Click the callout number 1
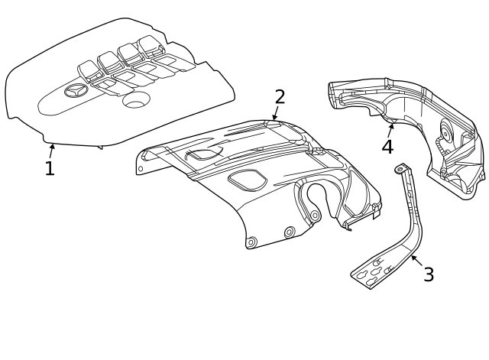click(50, 169)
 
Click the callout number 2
click(280, 97)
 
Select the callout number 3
click(429, 274)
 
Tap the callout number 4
click(387, 146)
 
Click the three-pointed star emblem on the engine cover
click(76, 92)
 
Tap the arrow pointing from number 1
click(52, 148)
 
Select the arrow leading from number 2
click(275, 114)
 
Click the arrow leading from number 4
click(391, 127)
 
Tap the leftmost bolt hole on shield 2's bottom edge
click(251, 242)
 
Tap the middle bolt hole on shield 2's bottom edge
click(289, 232)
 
